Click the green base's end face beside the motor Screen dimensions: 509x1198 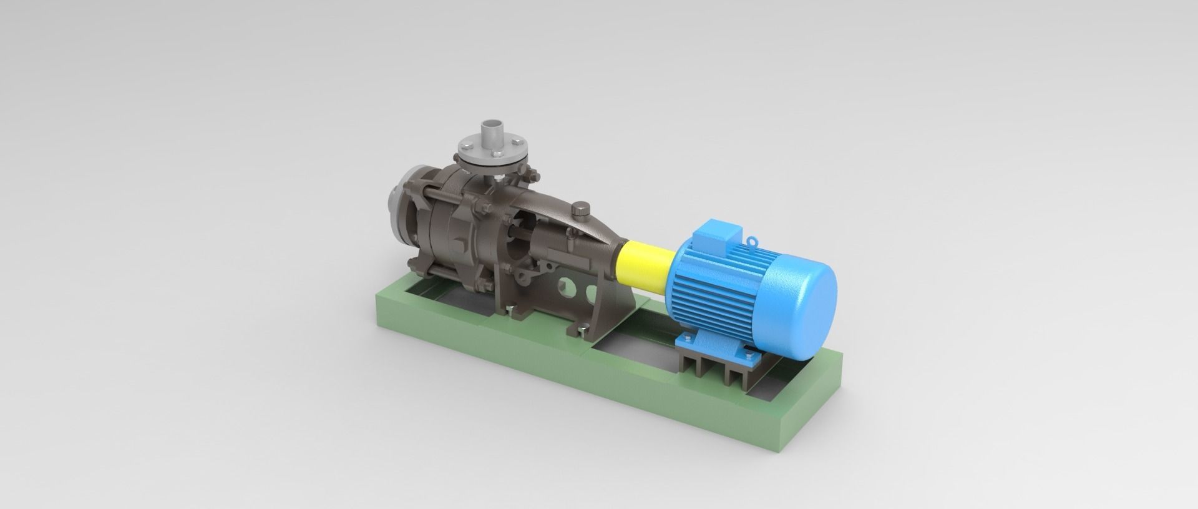click(811, 406)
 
